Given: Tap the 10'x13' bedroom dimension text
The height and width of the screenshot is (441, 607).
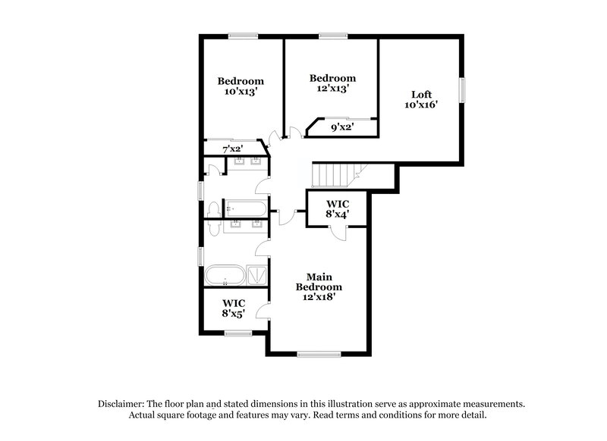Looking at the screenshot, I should tap(241, 91).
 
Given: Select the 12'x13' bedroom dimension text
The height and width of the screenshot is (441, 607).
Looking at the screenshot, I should tap(332, 89).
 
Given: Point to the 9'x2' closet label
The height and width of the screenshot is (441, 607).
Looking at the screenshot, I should tap(343, 128).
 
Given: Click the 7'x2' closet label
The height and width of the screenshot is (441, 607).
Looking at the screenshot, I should tap(232, 149).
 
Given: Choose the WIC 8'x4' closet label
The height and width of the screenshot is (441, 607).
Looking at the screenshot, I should tap(337, 209).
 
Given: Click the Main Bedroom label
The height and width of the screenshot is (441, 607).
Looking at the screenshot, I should tap(319, 282).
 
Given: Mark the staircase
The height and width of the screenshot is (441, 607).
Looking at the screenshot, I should tap(332, 175).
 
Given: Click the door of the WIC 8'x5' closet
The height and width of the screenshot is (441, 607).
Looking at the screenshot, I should tap(263, 309).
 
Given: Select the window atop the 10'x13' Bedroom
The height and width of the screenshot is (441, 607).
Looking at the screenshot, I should tap(242, 36).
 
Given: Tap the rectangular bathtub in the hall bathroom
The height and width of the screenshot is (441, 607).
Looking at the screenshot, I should tap(244, 208).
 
